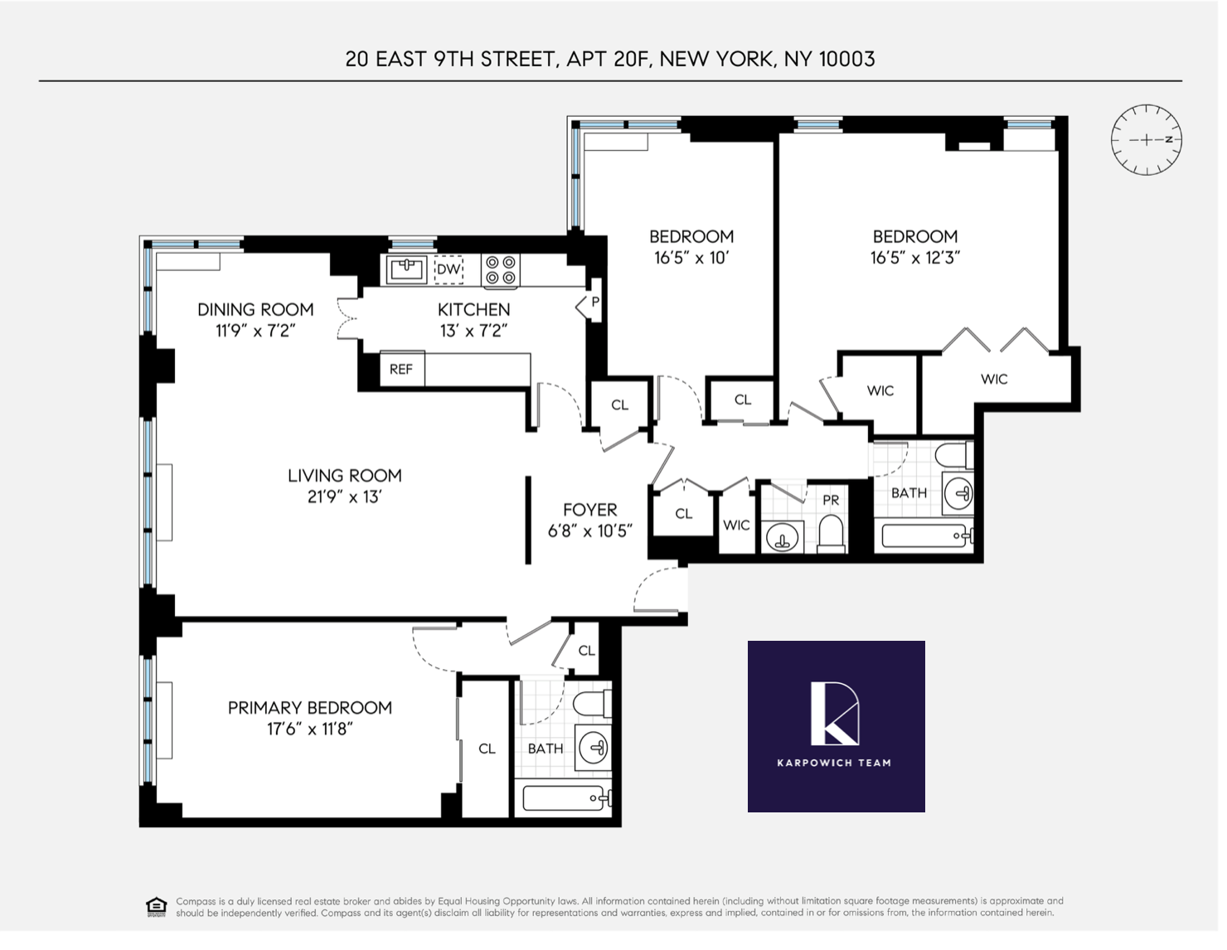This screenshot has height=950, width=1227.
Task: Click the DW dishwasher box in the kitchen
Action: (x=449, y=269)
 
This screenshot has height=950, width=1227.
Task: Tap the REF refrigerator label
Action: (x=401, y=370)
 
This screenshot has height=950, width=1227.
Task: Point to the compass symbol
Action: (x=1146, y=139)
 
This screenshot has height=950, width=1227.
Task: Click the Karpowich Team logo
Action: (x=836, y=726)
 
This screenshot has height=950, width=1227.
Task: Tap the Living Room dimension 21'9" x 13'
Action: (x=344, y=497)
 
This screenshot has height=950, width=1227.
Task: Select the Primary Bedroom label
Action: (x=309, y=708)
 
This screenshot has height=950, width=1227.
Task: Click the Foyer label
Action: (x=589, y=510)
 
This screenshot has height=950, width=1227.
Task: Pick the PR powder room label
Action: (x=831, y=501)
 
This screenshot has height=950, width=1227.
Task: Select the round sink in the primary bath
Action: (x=593, y=748)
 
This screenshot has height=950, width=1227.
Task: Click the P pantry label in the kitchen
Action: (x=594, y=303)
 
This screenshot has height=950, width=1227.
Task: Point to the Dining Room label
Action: (x=255, y=309)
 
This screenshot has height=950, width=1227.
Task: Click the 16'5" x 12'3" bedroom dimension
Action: (x=914, y=258)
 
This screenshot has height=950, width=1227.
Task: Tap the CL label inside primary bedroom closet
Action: (x=487, y=749)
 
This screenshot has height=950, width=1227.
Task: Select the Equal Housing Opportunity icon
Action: (x=156, y=906)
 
